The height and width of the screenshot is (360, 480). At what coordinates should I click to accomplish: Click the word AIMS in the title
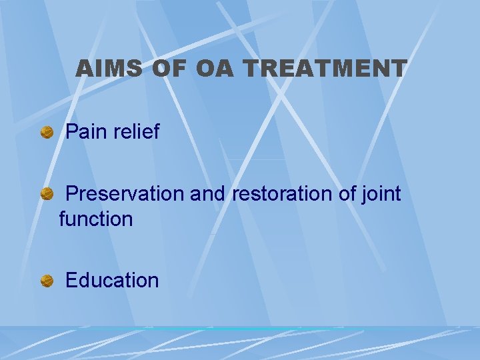[107, 68]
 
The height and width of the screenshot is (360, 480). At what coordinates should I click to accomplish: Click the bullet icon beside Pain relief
[47, 133]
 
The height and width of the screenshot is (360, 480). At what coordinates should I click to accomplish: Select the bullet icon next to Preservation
[47, 195]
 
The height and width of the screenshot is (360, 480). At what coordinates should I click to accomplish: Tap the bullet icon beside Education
[47, 281]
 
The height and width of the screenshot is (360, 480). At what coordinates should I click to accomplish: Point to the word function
[96, 219]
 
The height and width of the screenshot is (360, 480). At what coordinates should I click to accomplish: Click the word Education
[113, 280]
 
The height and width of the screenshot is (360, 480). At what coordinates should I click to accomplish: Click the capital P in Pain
[72, 132]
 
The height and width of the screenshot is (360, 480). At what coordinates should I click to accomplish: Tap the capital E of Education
[72, 280]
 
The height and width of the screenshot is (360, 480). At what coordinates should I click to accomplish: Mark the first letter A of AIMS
[85, 68]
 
